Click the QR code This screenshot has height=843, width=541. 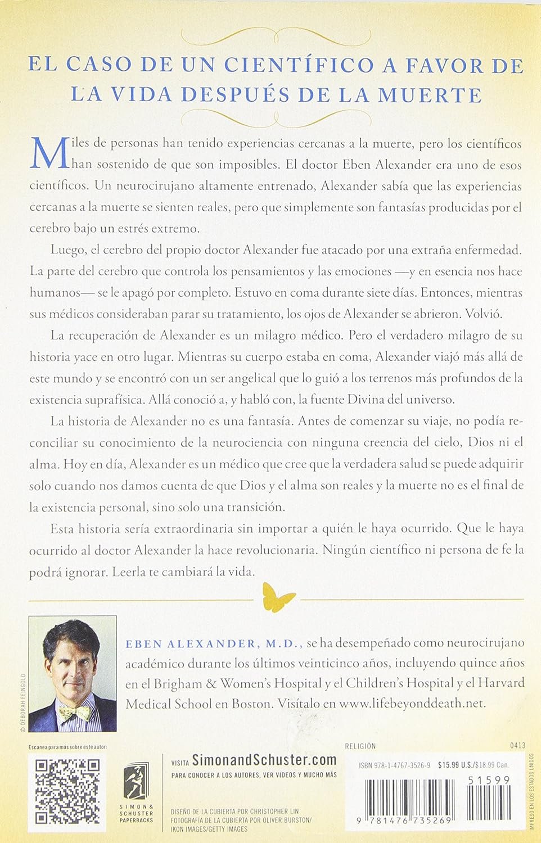[67, 791]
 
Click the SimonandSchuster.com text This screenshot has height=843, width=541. [264, 761]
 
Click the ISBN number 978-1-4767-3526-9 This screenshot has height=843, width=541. [395, 765]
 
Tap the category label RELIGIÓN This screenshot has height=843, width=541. [360, 746]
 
